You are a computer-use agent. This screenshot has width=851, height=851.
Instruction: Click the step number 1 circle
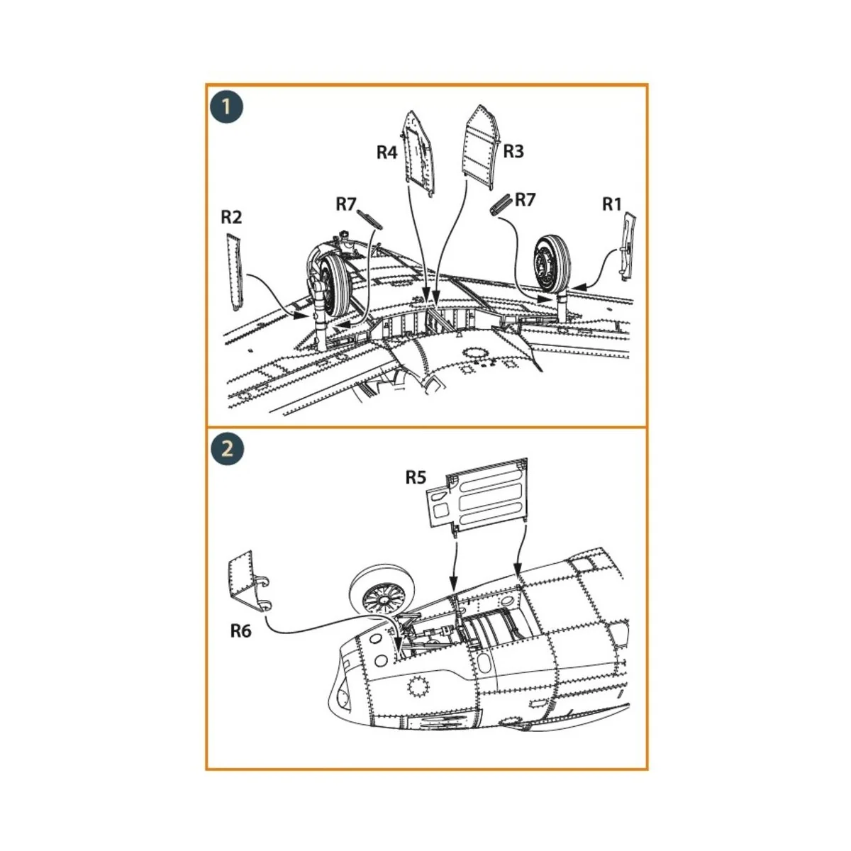tap(227, 107)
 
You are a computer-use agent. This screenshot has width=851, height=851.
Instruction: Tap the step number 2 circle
tap(227, 450)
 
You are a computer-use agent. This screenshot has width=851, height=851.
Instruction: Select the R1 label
tap(611, 204)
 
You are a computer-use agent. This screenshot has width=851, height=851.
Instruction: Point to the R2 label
tap(231, 217)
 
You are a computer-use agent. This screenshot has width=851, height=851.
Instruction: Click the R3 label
tap(513, 151)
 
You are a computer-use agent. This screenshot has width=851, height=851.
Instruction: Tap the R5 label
tap(415, 477)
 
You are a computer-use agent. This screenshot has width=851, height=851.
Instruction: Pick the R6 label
tap(240, 630)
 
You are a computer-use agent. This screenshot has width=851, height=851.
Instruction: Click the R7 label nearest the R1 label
tap(525, 199)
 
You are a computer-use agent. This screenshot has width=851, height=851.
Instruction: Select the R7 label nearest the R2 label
tap(345, 204)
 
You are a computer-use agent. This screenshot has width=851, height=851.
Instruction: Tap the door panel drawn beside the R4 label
tap(418, 152)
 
